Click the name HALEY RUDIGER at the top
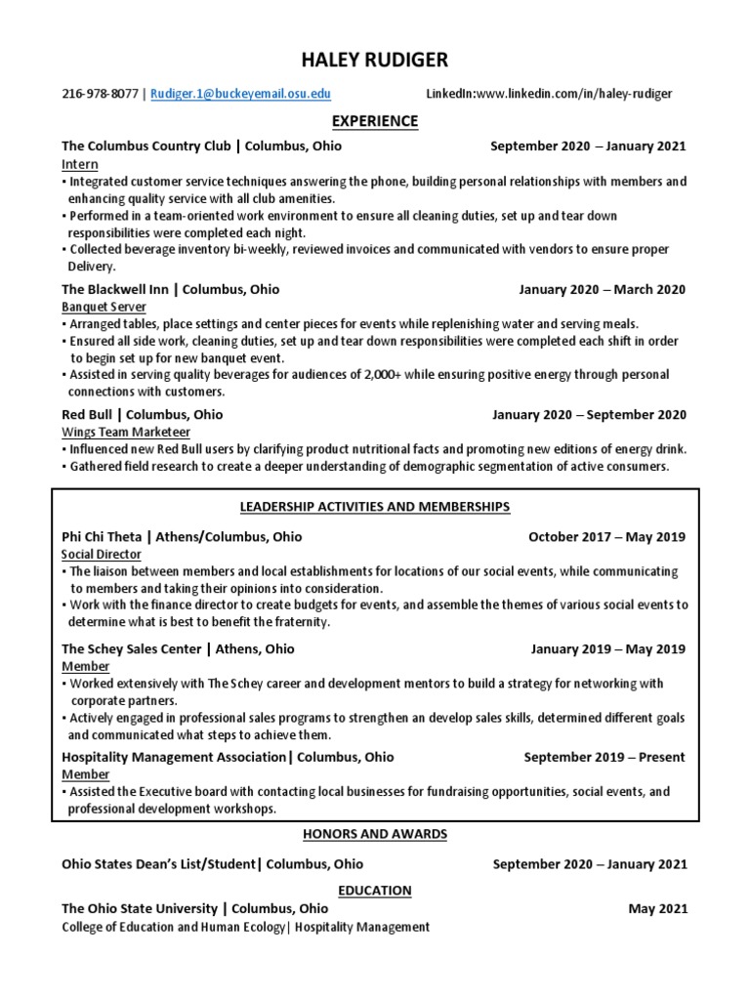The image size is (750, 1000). pyautogui.click(x=375, y=61)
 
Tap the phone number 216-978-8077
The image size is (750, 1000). pyautogui.click(x=100, y=94)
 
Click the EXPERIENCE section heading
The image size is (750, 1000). pyautogui.click(x=375, y=121)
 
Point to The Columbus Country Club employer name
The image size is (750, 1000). pyautogui.click(x=146, y=146)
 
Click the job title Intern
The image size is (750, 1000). pyautogui.click(x=79, y=164)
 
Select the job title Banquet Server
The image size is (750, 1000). pyautogui.click(x=103, y=307)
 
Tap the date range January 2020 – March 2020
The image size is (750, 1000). pyautogui.click(x=602, y=290)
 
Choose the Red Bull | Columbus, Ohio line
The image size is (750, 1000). pyautogui.click(x=142, y=415)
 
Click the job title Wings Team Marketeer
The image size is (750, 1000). pyautogui.click(x=126, y=432)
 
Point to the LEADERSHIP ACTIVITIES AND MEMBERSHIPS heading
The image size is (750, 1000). pyautogui.click(x=375, y=508)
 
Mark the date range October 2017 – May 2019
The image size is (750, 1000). pyautogui.click(x=606, y=537)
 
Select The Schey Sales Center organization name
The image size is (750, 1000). pyautogui.click(x=131, y=649)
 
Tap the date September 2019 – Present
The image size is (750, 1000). pyautogui.click(x=604, y=757)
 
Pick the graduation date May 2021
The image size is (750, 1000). pyautogui.click(x=657, y=909)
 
